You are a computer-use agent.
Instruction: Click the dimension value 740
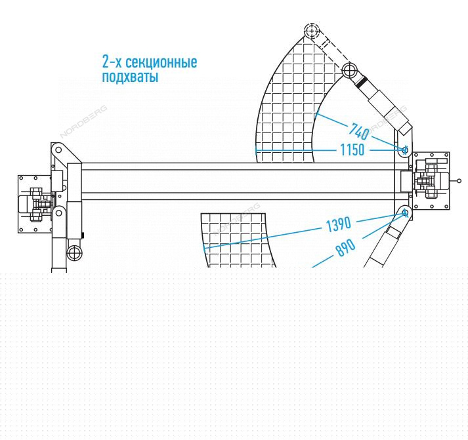[359, 131]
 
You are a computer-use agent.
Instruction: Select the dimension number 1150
[352, 150]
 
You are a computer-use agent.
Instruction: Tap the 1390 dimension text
[339, 224]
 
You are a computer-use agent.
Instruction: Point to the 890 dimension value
[346, 247]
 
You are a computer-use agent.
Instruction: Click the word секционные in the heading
[161, 62]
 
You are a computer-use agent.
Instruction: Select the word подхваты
[130, 76]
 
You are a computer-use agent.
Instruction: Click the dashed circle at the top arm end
[312, 30]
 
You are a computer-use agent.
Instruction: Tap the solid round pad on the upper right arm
[349, 70]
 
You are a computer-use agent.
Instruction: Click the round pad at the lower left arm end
[74, 253]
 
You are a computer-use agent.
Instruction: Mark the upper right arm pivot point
[405, 150]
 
